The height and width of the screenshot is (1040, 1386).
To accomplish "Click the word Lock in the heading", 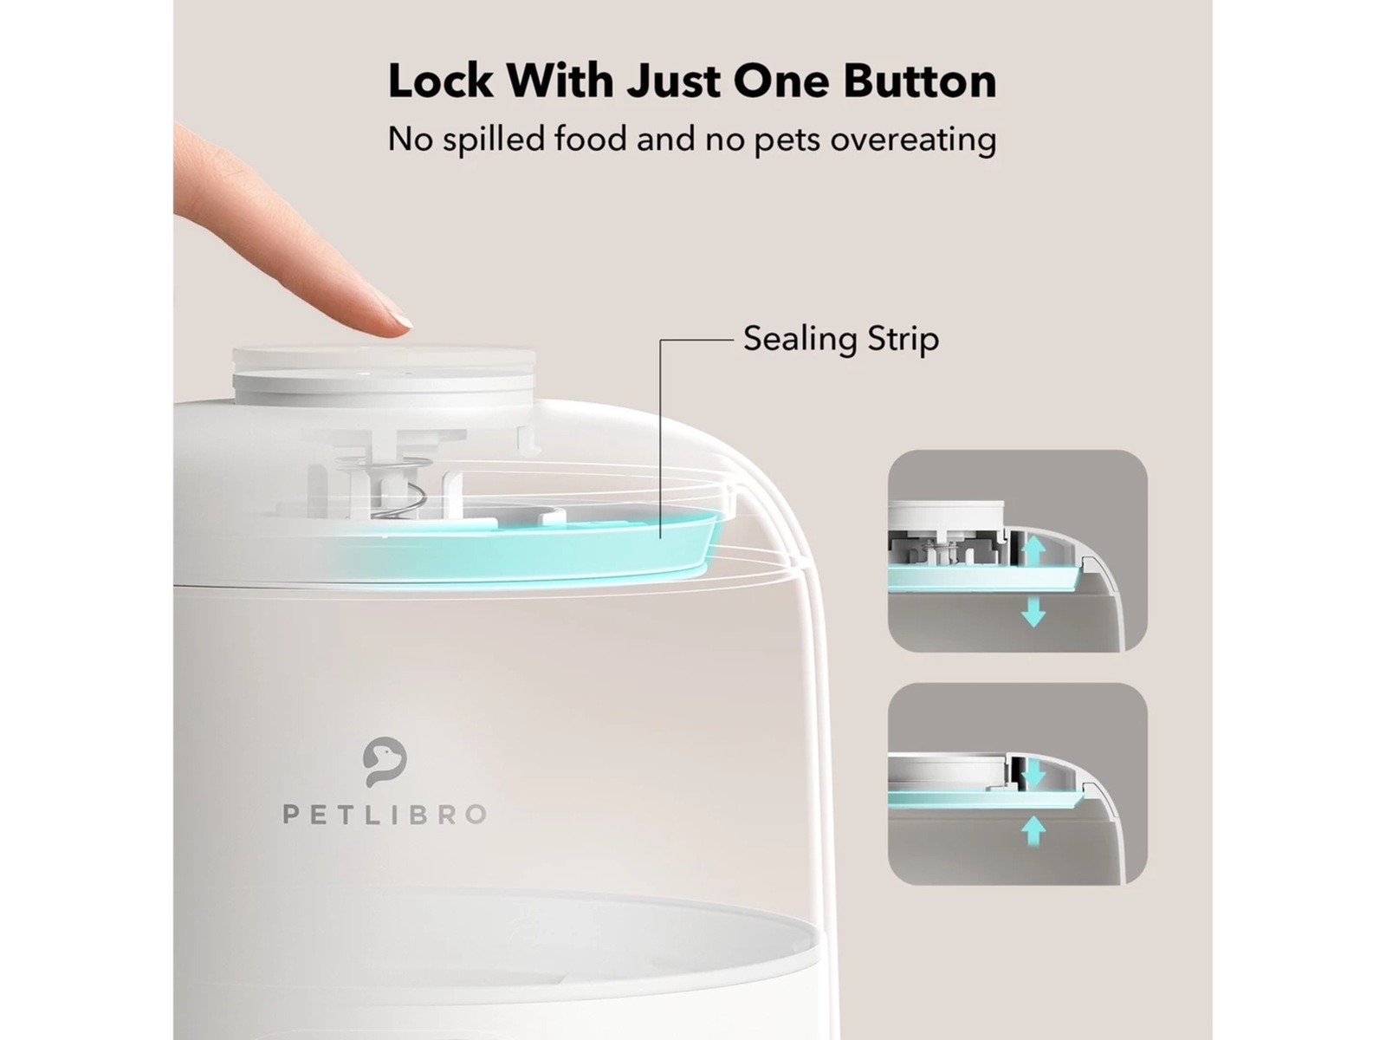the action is click(x=440, y=81).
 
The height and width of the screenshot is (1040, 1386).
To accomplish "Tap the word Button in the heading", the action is click(x=920, y=81).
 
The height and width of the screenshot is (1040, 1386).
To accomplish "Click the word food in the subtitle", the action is click(x=591, y=139).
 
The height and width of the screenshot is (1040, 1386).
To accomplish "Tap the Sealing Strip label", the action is click(x=841, y=339).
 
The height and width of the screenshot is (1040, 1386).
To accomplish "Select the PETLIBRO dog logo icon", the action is click(x=385, y=762).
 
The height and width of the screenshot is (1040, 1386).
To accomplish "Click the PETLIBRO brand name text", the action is click(x=385, y=815).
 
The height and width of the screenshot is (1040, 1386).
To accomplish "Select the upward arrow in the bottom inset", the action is click(x=1033, y=830).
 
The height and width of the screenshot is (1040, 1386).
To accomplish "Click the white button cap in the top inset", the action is click(x=945, y=515).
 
